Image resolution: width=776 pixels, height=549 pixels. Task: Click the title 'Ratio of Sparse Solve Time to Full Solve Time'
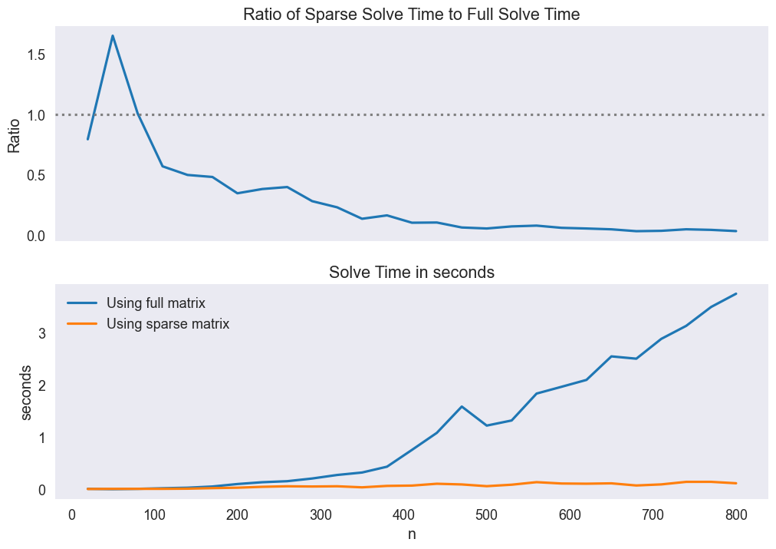(411, 14)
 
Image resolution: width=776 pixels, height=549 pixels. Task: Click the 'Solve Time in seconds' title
(411, 272)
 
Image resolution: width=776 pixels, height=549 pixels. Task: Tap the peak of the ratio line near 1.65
(113, 35)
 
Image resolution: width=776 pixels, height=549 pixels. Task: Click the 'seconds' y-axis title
(27, 392)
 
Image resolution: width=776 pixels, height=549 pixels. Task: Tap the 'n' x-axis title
(412, 534)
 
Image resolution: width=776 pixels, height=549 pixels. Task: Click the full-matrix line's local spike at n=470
(462, 406)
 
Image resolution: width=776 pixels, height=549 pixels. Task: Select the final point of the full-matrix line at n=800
(736, 293)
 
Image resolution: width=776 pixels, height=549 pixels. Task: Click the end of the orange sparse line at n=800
(736, 483)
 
